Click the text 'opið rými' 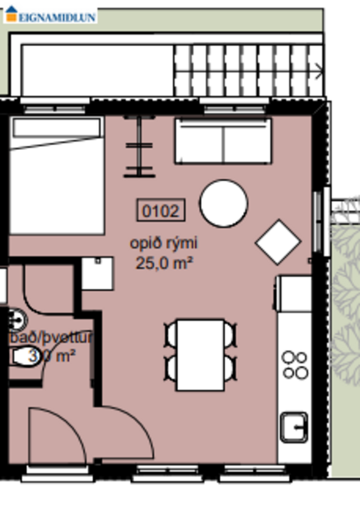pyautogui.click(x=164, y=244)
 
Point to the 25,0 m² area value pyautogui.click(x=164, y=263)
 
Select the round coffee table pyautogui.click(x=223, y=204)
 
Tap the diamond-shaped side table pyautogui.click(x=278, y=241)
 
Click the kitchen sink pyautogui.click(x=294, y=426)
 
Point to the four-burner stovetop pyautogui.click(x=294, y=365)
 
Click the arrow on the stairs pyautogui.click(x=320, y=73)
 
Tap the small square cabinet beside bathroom pyautogui.click(x=98, y=273)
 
